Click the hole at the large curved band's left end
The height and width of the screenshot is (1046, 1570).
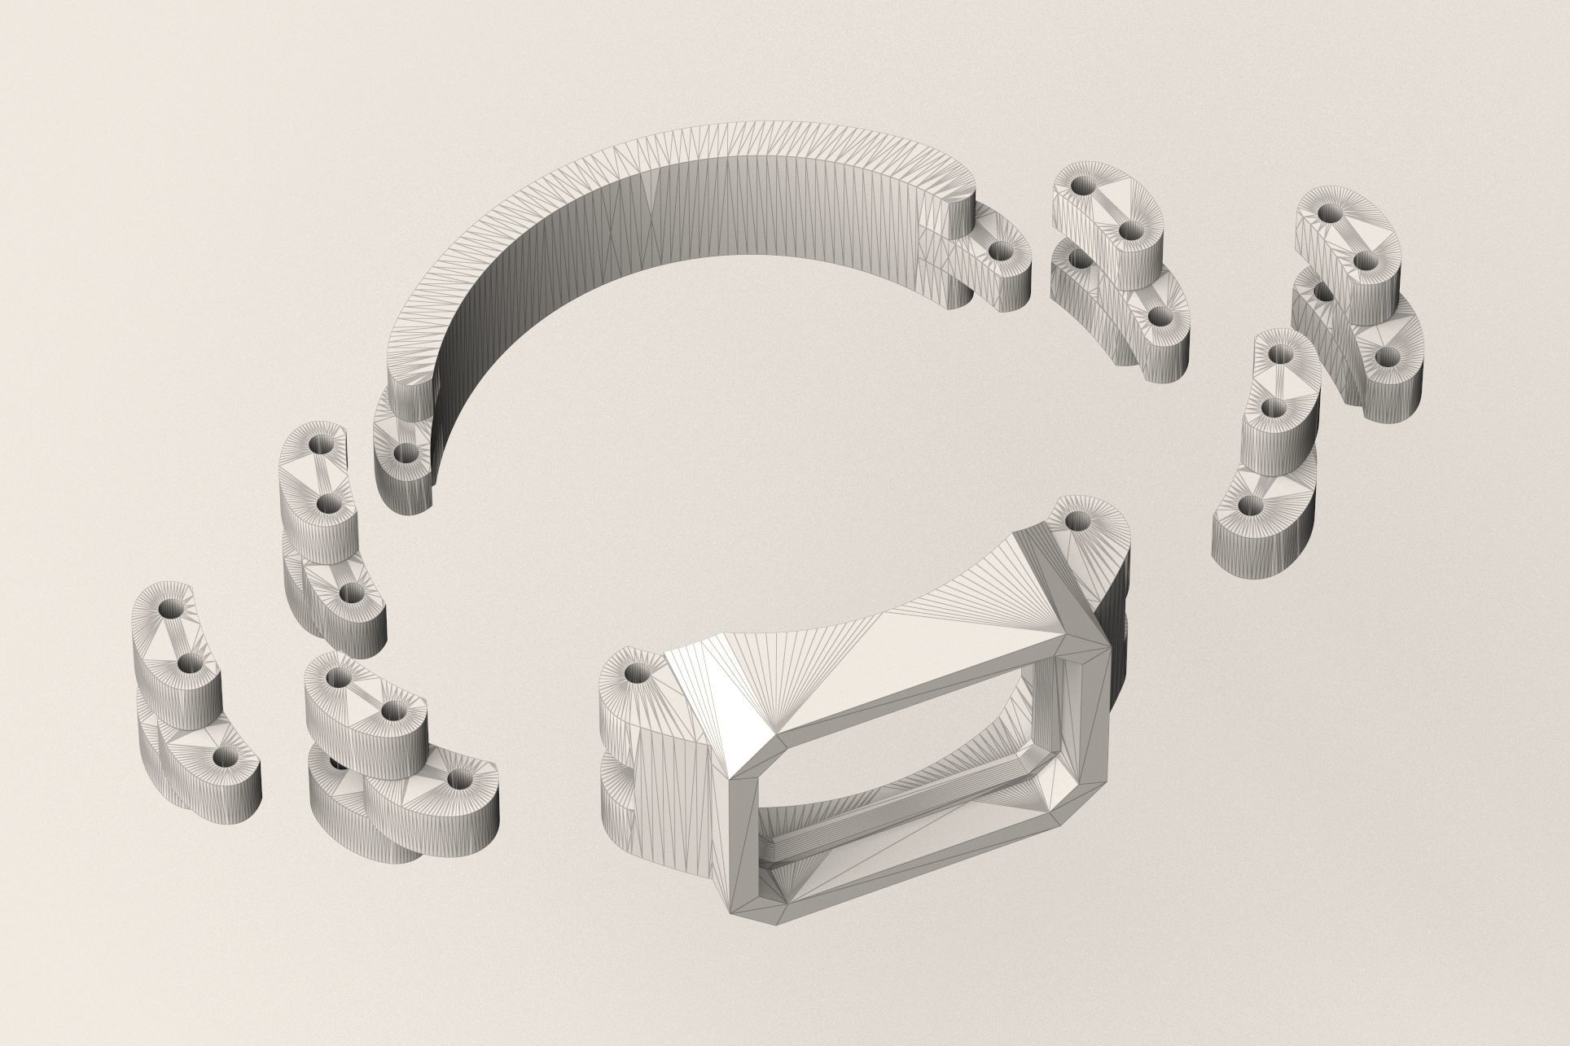click(402, 452)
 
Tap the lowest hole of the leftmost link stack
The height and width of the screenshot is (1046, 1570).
click(223, 758)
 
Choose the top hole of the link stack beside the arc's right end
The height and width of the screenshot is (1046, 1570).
click(1081, 186)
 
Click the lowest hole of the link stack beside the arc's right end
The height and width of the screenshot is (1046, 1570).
click(1160, 315)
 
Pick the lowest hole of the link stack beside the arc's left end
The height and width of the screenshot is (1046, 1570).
click(351, 592)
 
